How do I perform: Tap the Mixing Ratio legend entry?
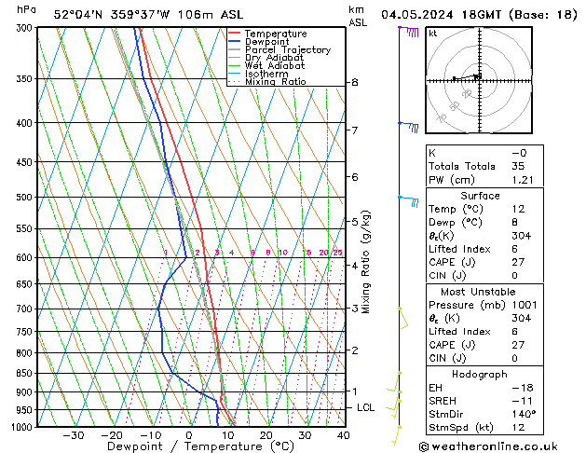pos(275,82)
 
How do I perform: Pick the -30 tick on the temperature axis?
pos(73,435)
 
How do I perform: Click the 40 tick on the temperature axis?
pos(343,435)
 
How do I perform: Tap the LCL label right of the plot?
pos(366,408)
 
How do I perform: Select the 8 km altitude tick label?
pos(354,83)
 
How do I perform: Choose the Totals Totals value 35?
pos(518,166)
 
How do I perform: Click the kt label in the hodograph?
pos(433,34)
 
